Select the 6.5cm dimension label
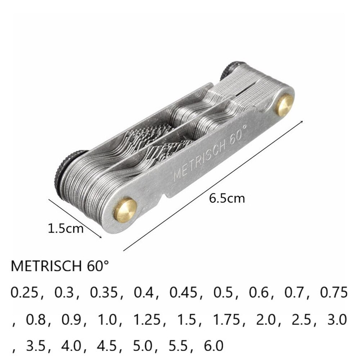pos(227,198)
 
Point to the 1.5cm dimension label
pos(66,228)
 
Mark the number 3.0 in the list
pos(337,319)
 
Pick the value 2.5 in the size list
pos(302,319)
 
